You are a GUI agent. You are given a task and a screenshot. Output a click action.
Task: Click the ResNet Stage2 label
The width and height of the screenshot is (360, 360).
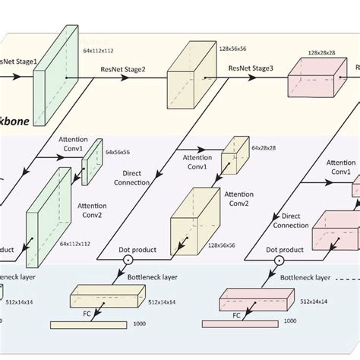[123, 68]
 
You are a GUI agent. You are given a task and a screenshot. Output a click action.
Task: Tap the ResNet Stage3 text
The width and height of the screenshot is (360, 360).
[251, 68]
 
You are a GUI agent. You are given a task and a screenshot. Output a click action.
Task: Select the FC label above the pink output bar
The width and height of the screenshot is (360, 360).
[235, 312]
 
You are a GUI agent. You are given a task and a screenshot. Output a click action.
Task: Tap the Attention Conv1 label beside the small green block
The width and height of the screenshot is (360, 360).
[72, 145]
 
